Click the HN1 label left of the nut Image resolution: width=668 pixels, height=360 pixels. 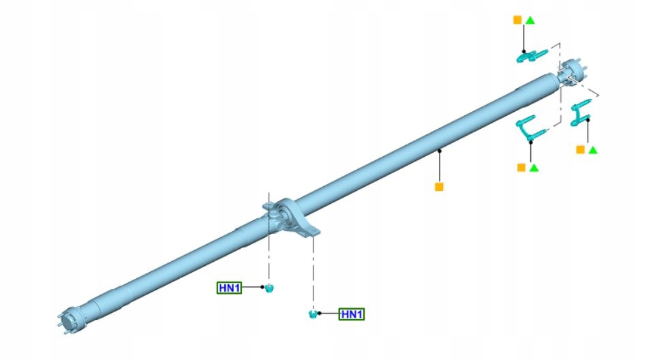(x=229, y=288)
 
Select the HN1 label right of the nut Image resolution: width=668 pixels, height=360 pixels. (x=352, y=314)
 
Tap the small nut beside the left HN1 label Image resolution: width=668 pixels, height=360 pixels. (x=269, y=288)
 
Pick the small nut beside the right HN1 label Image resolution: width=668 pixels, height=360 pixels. (x=313, y=314)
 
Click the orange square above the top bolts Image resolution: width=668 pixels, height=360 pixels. (x=517, y=20)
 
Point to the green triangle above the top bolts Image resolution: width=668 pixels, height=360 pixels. (x=530, y=20)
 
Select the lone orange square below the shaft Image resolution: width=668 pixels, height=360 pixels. (x=439, y=187)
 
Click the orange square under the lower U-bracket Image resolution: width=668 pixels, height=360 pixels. (x=521, y=168)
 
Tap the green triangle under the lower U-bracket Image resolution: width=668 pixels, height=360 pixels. (x=534, y=168)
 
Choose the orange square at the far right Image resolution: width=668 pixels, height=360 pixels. (x=580, y=149)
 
